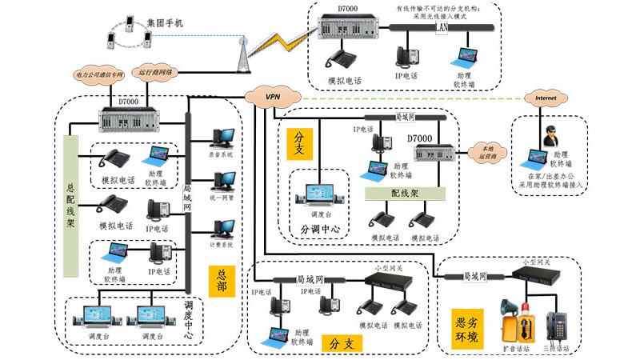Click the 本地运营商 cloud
point(486,153)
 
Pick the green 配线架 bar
point(405,193)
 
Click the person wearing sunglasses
point(551,137)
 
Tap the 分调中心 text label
point(320,229)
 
